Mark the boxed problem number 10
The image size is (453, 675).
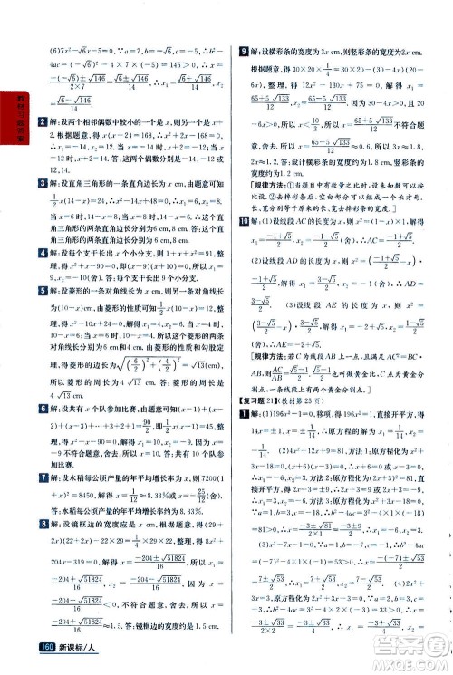point(240,221)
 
